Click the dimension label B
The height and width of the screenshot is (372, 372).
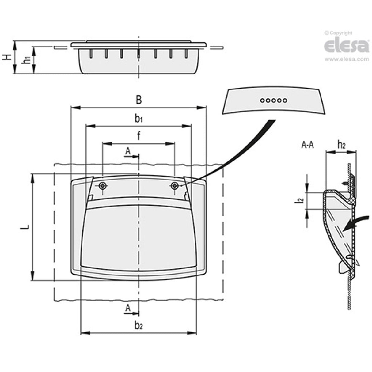[139, 100]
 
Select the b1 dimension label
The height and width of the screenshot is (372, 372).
[139, 119]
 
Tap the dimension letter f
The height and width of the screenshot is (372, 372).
[139, 136]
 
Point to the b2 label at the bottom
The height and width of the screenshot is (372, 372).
[139, 326]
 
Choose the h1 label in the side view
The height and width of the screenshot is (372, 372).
[27, 60]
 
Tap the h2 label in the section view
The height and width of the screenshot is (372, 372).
[341, 144]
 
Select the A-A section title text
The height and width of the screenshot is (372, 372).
[308, 145]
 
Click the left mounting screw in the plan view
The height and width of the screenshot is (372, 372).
[102, 185]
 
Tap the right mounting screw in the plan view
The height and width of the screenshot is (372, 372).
[175, 185]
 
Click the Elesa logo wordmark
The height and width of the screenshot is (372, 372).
[346, 46]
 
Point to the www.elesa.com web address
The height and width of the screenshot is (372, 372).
[346, 59]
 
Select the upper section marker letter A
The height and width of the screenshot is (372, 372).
[128, 150]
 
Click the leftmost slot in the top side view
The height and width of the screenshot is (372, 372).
[91, 54]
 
